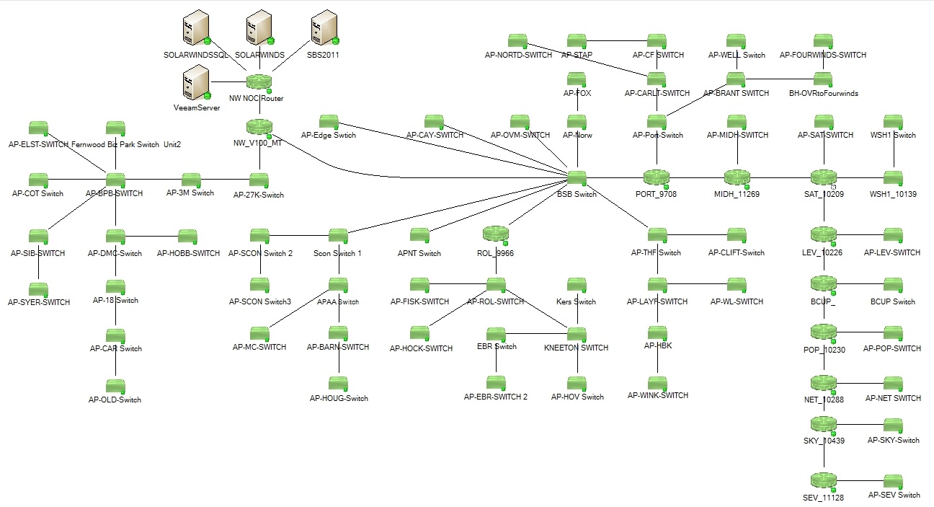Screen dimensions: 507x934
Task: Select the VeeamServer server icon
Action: click(x=195, y=82)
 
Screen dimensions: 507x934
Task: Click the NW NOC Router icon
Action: click(x=257, y=82)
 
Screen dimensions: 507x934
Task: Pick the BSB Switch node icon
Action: click(x=577, y=178)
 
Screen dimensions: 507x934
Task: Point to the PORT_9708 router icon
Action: click(x=657, y=177)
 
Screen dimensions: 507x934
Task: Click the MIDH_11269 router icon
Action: click(x=737, y=177)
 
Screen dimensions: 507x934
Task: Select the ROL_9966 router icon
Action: click(x=495, y=234)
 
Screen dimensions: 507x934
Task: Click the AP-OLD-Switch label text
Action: click(x=115, y=400)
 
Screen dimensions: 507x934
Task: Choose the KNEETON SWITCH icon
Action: click(x=577, y=334)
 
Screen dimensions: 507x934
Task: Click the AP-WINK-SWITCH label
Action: click(x=657, y=395)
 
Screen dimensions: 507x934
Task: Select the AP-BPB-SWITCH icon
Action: click(x=115, y=179)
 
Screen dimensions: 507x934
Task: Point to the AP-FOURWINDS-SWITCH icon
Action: click(x=823, y=40)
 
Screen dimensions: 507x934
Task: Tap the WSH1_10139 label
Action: click(x=893, y=194)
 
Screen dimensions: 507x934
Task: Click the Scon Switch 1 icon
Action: click(x=338, y=236)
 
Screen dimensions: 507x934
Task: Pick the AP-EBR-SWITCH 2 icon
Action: click(x=495, y=383)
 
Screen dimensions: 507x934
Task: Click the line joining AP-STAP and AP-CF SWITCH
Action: click(x=616, y=41)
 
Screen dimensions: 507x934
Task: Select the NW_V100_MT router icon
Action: click(x=258, y=126)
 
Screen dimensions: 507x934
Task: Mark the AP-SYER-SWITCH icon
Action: click(x=38, y=289)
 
